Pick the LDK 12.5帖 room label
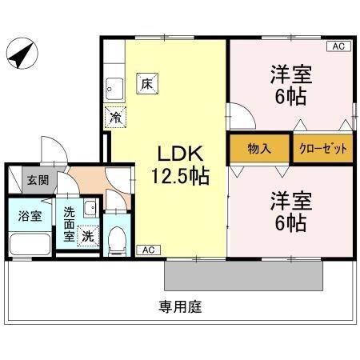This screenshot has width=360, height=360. point(181,165)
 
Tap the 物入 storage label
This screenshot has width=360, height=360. point(260,148)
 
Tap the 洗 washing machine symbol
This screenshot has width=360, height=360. point(87,236)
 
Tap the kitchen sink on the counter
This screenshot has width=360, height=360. point(115,87)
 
